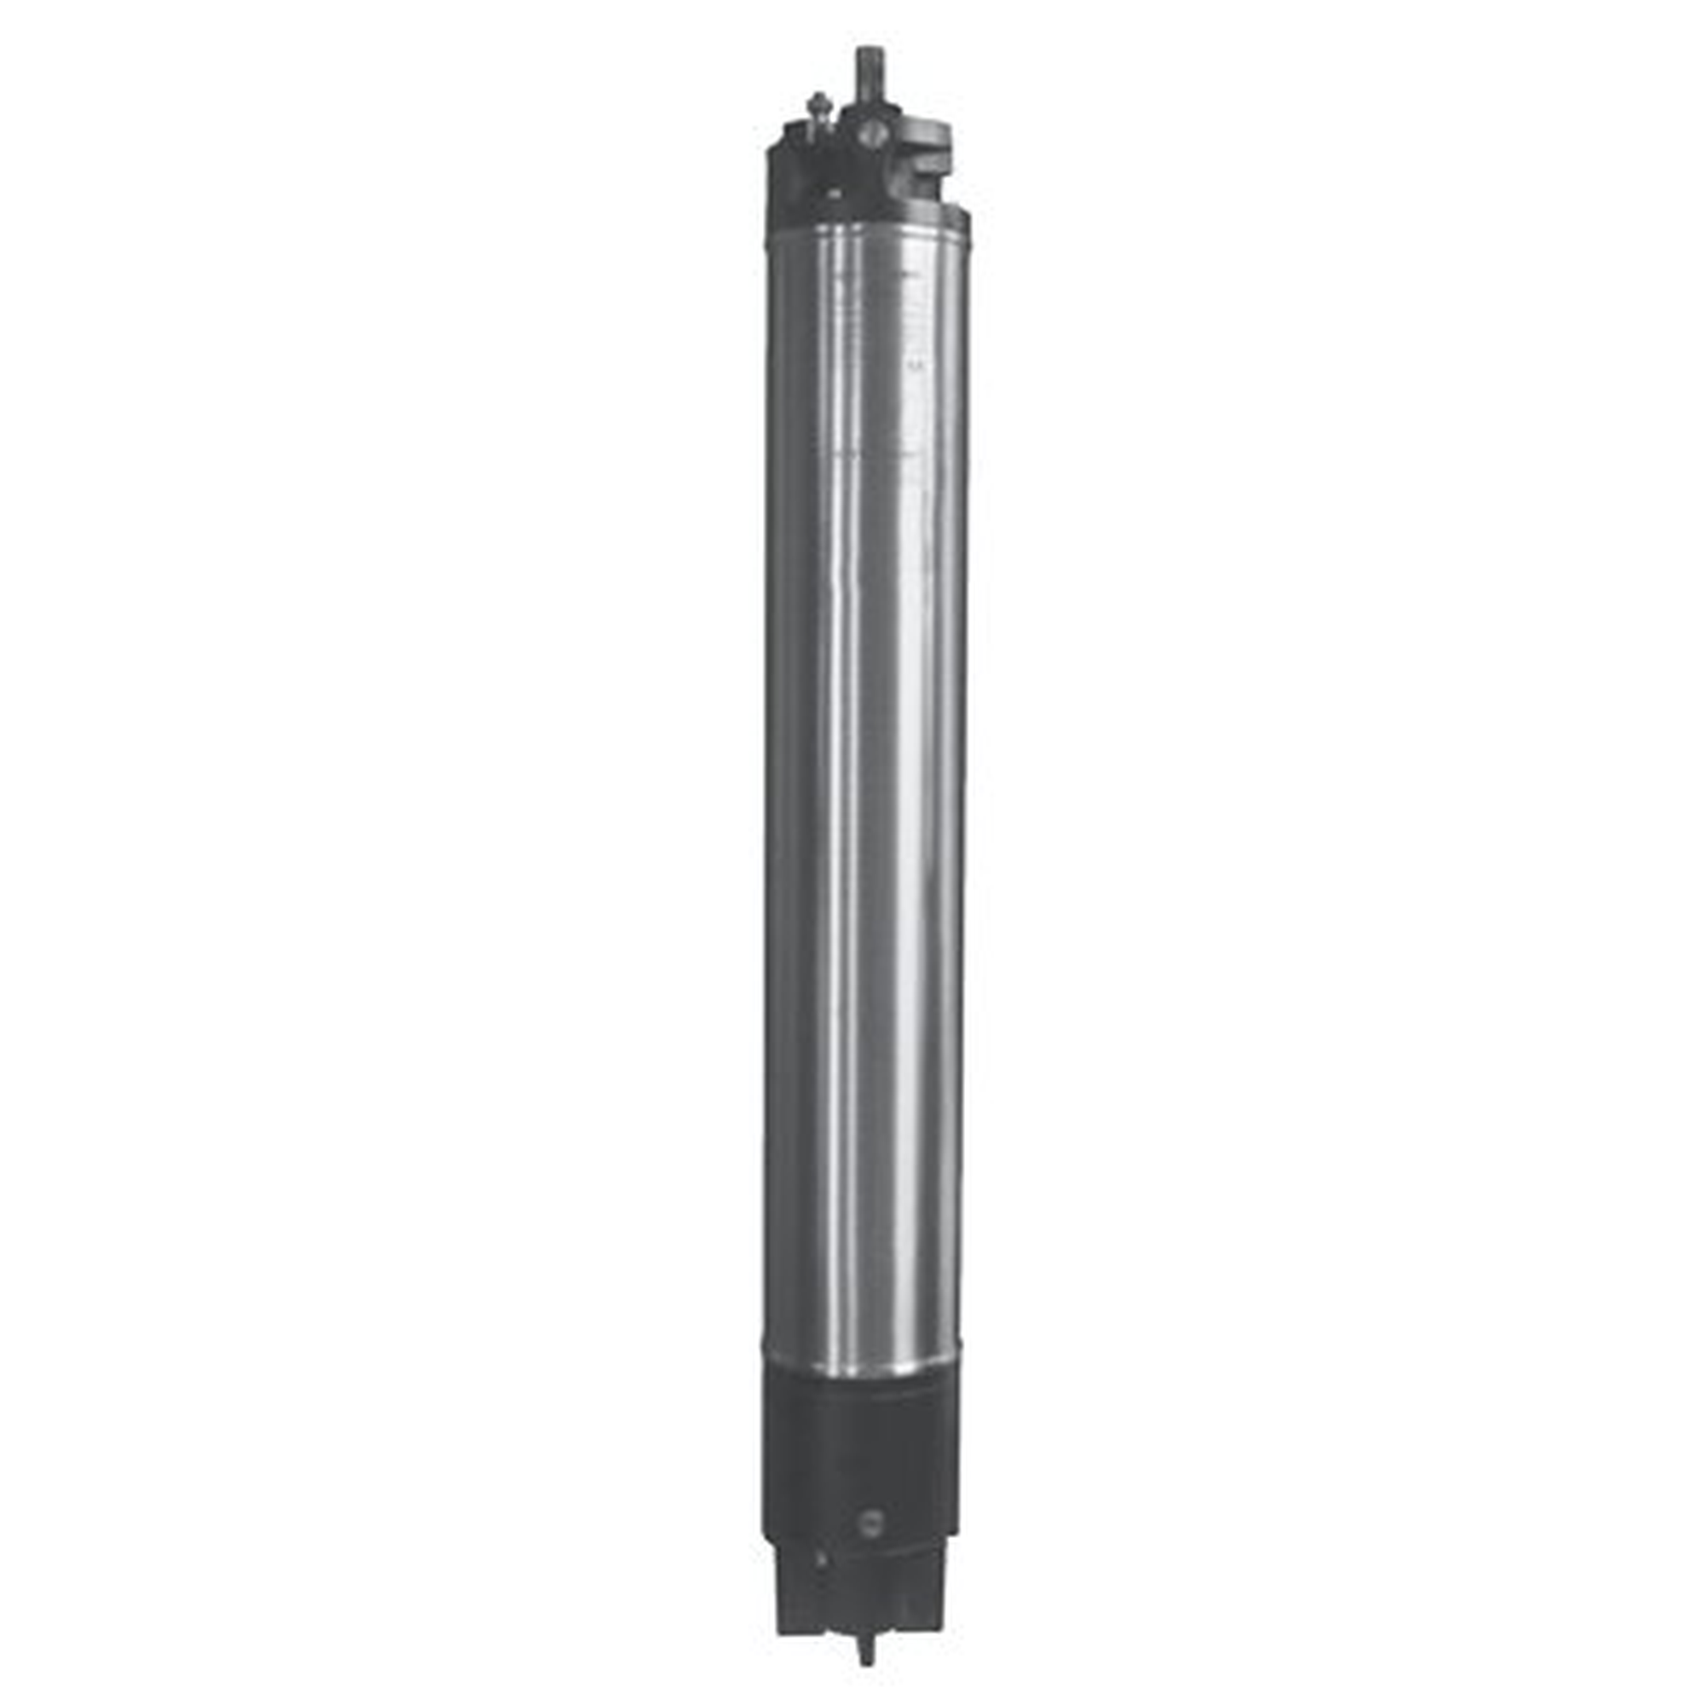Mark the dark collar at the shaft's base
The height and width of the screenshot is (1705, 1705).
(869, 114)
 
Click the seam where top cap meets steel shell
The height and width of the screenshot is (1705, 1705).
(864, 226)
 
